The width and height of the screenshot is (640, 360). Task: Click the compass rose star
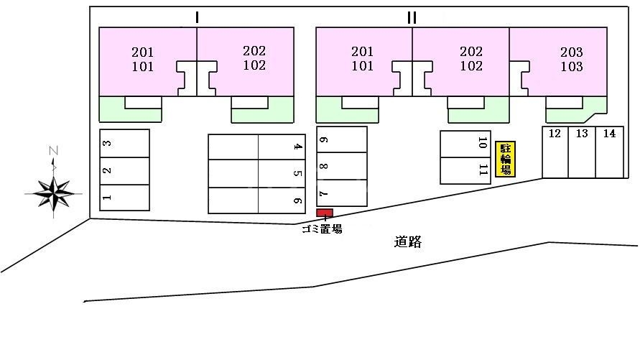[53, 193]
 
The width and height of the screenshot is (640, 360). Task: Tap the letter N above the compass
[53, 151]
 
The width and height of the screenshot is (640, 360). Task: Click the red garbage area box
[325, 213]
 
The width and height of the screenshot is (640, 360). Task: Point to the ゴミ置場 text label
[322, 229]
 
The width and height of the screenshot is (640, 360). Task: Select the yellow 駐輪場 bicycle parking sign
[505, 159]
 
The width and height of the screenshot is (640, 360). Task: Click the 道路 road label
[408, 241]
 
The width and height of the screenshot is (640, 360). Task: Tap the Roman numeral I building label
[197, 17]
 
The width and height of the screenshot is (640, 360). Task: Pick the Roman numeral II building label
[412, 17]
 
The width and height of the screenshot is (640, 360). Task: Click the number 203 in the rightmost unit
[572, 52]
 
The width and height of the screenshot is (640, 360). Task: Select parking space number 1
[124, 198]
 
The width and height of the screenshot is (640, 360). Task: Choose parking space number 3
[124, 143]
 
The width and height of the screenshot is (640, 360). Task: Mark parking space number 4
[282, 147]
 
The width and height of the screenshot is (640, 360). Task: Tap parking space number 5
[282, 173]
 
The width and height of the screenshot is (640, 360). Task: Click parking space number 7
[342, 193]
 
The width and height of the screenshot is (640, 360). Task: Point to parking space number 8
[342, 166]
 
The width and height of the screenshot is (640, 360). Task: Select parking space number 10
[465, 144]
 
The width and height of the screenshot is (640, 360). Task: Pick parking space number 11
[465, 170]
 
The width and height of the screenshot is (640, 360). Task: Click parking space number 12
[555, 152]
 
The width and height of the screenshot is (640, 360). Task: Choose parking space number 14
[609, 152]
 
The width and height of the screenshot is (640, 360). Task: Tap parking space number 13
[582, 152]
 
